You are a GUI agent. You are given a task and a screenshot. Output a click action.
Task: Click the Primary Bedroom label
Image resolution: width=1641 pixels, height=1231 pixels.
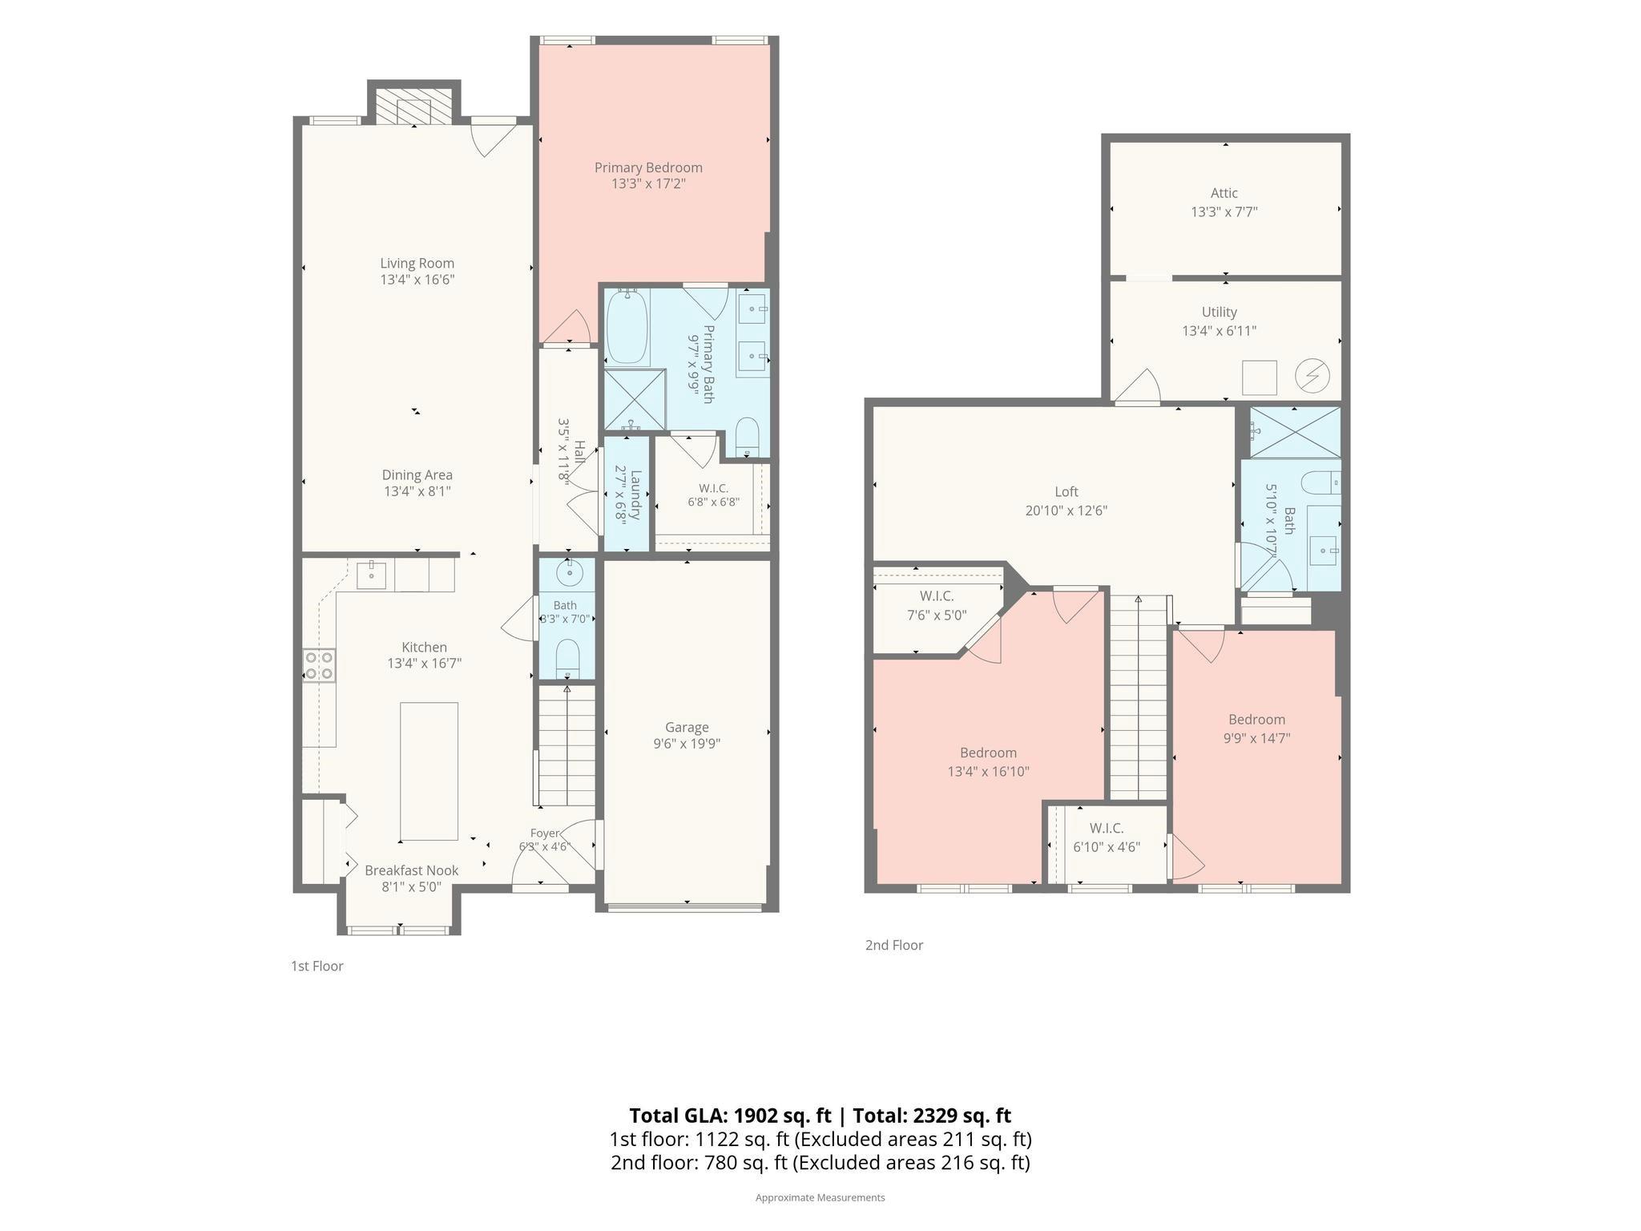pos(648,167)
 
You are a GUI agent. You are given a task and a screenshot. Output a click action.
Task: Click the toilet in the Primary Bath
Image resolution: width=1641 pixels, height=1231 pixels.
pos(747,435)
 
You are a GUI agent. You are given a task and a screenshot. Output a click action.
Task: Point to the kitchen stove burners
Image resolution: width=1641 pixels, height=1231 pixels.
pos(319,664)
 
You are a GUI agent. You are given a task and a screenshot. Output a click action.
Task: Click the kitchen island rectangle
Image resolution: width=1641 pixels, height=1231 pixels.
pos(429,771)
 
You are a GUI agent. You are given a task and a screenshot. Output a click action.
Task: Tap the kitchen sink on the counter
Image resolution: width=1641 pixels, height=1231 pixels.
pos(371,575)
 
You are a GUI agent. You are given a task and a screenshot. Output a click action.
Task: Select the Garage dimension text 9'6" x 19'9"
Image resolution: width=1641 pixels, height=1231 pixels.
pos(687,744)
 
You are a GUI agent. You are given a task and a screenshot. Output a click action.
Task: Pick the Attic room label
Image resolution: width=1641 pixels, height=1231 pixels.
pos(1224,193)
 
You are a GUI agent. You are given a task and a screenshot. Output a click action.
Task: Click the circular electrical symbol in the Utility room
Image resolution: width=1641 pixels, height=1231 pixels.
pos(1312,375)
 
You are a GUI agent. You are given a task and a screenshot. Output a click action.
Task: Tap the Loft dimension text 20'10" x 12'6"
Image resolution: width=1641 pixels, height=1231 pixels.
pos(1066,511)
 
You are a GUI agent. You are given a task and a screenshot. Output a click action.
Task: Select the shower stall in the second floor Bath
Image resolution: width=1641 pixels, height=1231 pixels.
pos(1295,433)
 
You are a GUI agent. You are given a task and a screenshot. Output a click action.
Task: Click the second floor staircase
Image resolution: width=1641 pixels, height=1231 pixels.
pos(1139,697)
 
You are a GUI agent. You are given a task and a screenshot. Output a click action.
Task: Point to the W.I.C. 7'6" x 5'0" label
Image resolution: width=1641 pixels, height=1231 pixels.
pos(937,606)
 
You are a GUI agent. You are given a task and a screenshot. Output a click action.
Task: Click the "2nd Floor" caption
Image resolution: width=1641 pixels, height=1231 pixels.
pos(894,945)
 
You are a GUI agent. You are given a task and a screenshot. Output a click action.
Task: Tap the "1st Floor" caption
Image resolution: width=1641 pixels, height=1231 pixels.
pos(317,966)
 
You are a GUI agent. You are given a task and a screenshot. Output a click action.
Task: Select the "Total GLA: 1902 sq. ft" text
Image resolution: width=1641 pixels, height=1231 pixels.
pos(730,1116)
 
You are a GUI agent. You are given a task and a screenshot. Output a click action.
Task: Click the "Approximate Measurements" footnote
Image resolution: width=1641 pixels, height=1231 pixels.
pos(820,1197)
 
